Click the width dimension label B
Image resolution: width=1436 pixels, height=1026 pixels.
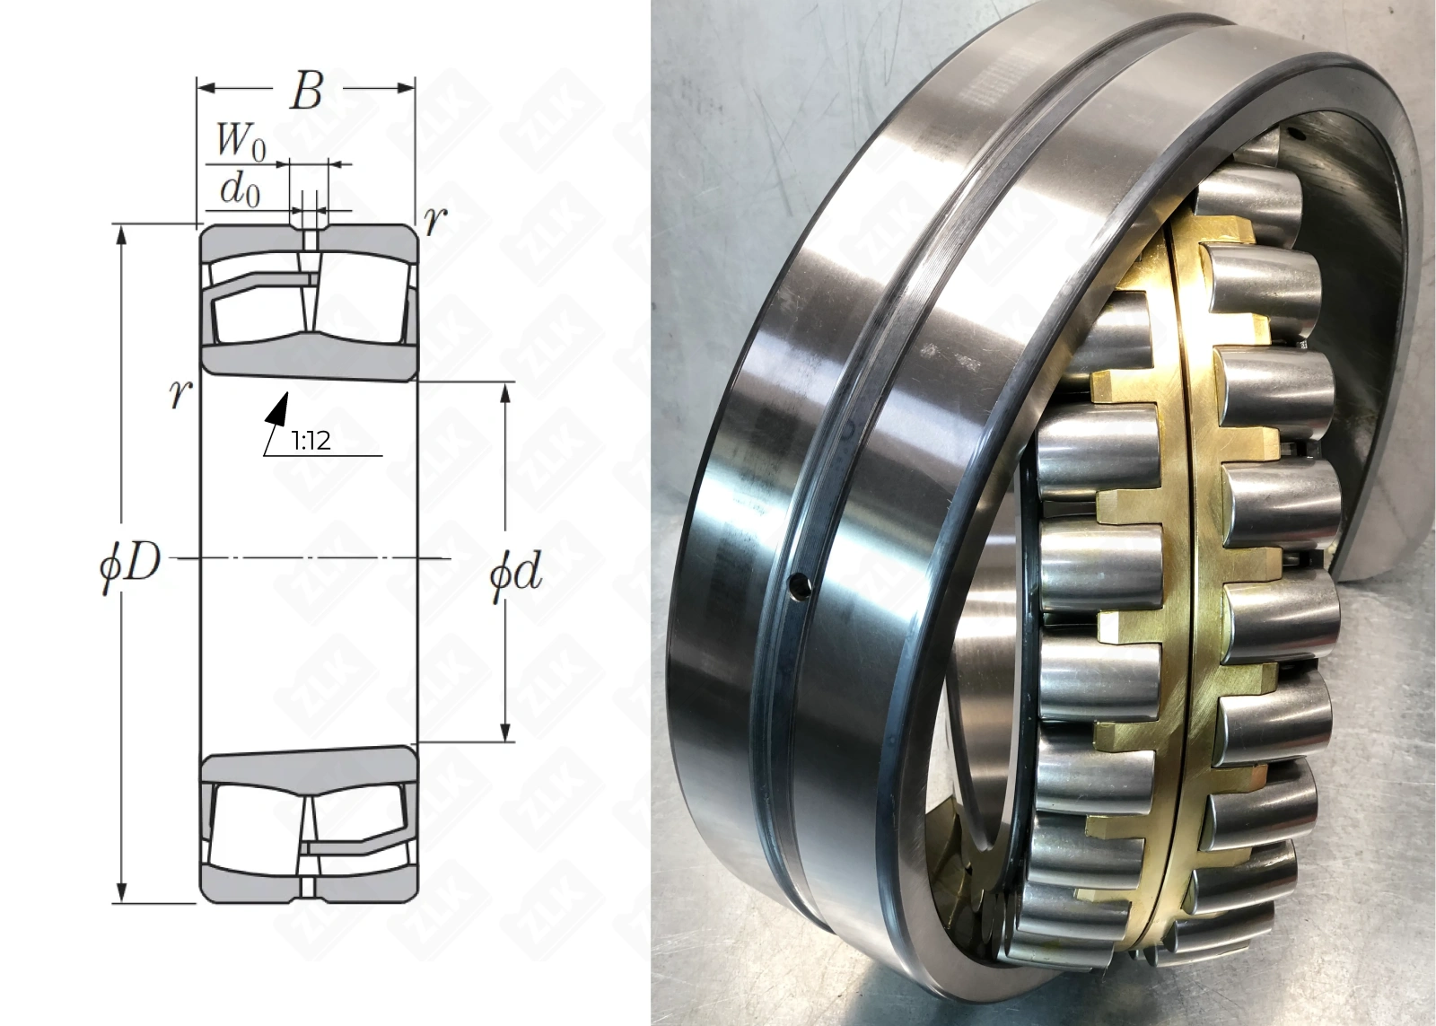pos(306,91)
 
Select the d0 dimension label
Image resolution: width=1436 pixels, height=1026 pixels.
pos(240,190)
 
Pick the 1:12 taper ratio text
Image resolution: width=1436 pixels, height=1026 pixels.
pos(311,441)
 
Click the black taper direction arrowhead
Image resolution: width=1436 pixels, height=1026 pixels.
pos(277,408)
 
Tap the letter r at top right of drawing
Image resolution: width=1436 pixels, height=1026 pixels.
pos(435,222)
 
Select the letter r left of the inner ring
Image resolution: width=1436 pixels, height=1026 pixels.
pos(180,394)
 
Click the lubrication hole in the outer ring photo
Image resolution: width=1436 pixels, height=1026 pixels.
pos(800,587)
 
